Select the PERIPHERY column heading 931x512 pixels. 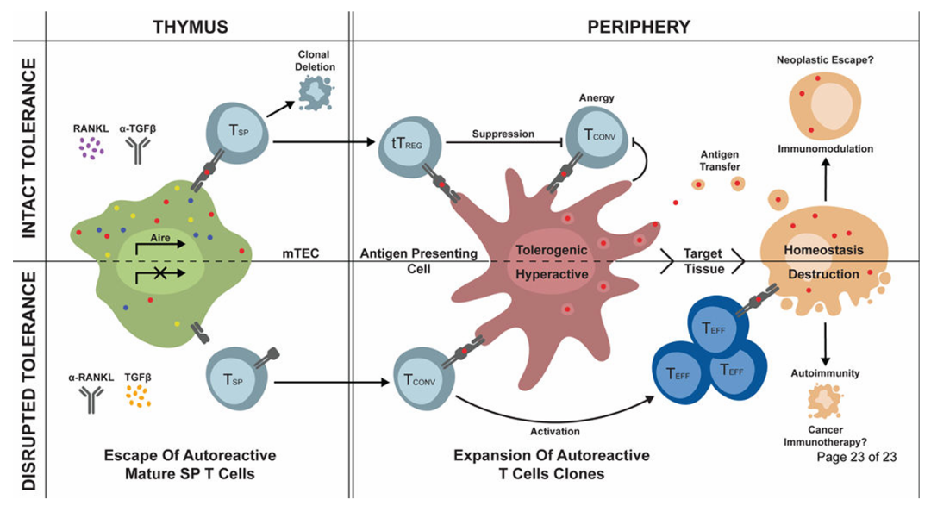pyautogui.click(x=638, y=25)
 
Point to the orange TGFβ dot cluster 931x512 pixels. pyautogui.click(x=137, y=396)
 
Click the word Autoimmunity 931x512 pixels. pyautogui.click(x=825, y=374)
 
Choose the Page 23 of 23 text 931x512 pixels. pyautogui.click(x=857, y=456)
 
